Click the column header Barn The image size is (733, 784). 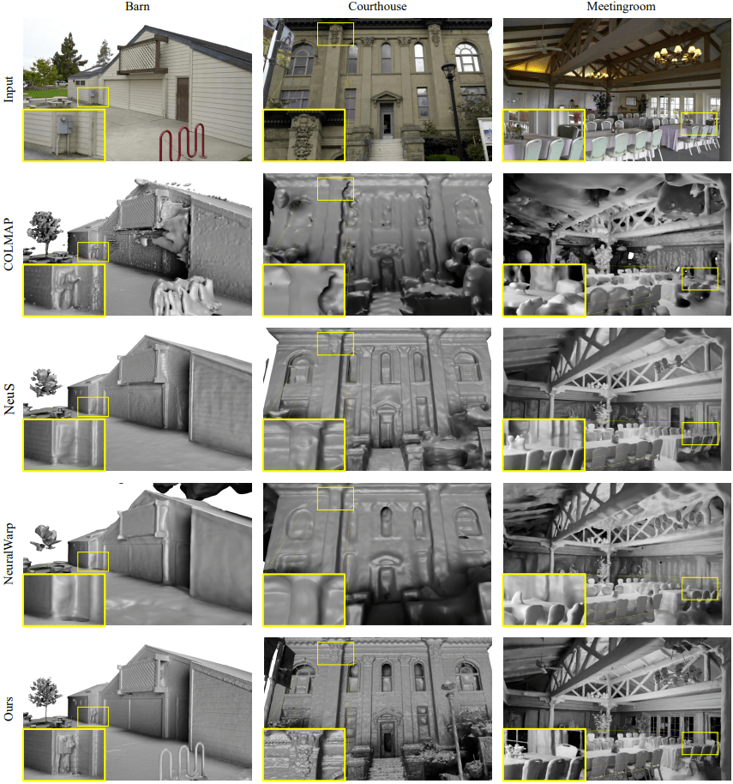(137, 7)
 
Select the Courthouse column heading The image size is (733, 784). (377, 7)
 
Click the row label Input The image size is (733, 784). (9, 90)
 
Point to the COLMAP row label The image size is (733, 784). (9, 244)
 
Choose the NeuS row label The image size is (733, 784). (9, 400)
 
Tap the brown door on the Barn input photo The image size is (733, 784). (182, 99)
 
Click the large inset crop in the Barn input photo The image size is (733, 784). (64, 135)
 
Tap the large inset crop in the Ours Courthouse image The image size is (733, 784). (303, 754)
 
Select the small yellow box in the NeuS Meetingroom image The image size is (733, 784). (700, 434)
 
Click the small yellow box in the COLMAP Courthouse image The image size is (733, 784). (335, 190)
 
